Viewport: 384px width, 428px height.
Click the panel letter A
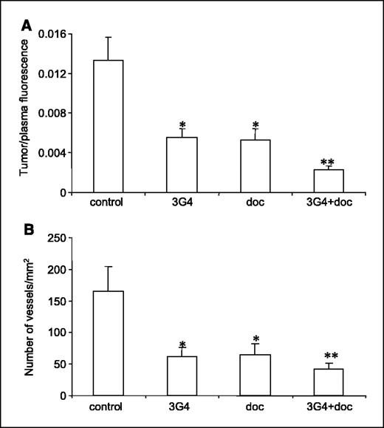27,26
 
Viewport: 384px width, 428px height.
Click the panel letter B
27,229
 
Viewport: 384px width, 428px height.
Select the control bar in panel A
108,126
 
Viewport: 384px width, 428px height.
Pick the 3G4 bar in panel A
182,165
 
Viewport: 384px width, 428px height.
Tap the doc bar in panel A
255,166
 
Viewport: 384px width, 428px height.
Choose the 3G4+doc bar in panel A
329,180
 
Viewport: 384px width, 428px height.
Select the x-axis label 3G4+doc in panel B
329,407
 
